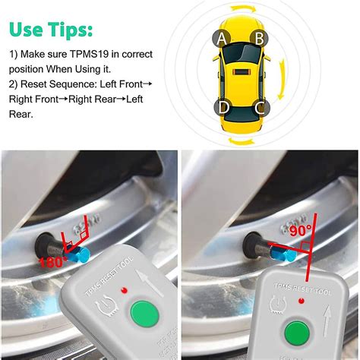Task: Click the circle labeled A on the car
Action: tap(221, 37)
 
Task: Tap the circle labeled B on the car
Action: tap(258, 37)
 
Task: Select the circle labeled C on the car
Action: tap(259, 107)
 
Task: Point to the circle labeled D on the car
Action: tap(222, 107)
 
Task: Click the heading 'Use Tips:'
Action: tap(52, 30)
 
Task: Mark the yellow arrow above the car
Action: tap(239, 10)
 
